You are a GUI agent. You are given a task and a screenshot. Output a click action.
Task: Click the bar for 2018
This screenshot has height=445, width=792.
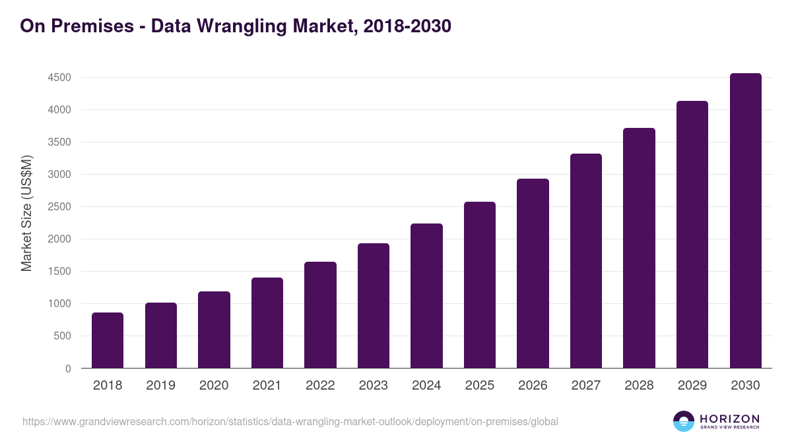tap(108, 340)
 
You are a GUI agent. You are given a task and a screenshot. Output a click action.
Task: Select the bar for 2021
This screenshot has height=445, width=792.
tap(267, 323)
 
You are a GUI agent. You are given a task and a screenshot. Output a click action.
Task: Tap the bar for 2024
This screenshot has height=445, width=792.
tap(426, 296)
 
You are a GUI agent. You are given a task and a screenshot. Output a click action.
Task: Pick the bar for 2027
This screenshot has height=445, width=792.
tap(586, 261)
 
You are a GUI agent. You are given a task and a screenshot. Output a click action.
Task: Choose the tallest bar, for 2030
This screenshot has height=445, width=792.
tap(745, 221)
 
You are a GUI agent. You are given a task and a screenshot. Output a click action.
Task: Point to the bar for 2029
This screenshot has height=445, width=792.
tap(692, 235)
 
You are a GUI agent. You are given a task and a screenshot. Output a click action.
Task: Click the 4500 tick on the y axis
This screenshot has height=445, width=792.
tap(59, 78)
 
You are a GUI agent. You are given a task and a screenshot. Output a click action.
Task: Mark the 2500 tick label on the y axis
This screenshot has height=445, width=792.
tap(59, 207)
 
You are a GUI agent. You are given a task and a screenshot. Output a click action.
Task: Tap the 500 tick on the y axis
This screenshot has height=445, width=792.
tap(62, 336)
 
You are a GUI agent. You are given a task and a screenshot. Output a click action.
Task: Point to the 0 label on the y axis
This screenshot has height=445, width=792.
tap(68, 369)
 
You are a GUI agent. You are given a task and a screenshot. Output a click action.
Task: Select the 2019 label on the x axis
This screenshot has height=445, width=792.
tap(160, 386)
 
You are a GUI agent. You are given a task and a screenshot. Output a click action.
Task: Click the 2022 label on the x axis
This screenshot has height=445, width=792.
tap(320, 386)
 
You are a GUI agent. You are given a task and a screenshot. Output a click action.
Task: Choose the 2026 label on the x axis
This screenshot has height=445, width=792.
tap(533, 386)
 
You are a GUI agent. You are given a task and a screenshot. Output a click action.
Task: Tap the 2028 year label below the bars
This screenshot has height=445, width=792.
tap(639, 386)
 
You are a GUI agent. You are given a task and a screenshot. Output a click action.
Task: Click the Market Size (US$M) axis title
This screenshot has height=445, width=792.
tap(27, 214)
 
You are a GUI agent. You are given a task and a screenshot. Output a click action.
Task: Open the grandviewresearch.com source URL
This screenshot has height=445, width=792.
tap(290, 421)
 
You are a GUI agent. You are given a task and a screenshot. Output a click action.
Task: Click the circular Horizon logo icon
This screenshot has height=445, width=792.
tap(684, 421)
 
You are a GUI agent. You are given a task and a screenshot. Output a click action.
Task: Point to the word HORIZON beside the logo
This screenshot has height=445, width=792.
tap(729, 418)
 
